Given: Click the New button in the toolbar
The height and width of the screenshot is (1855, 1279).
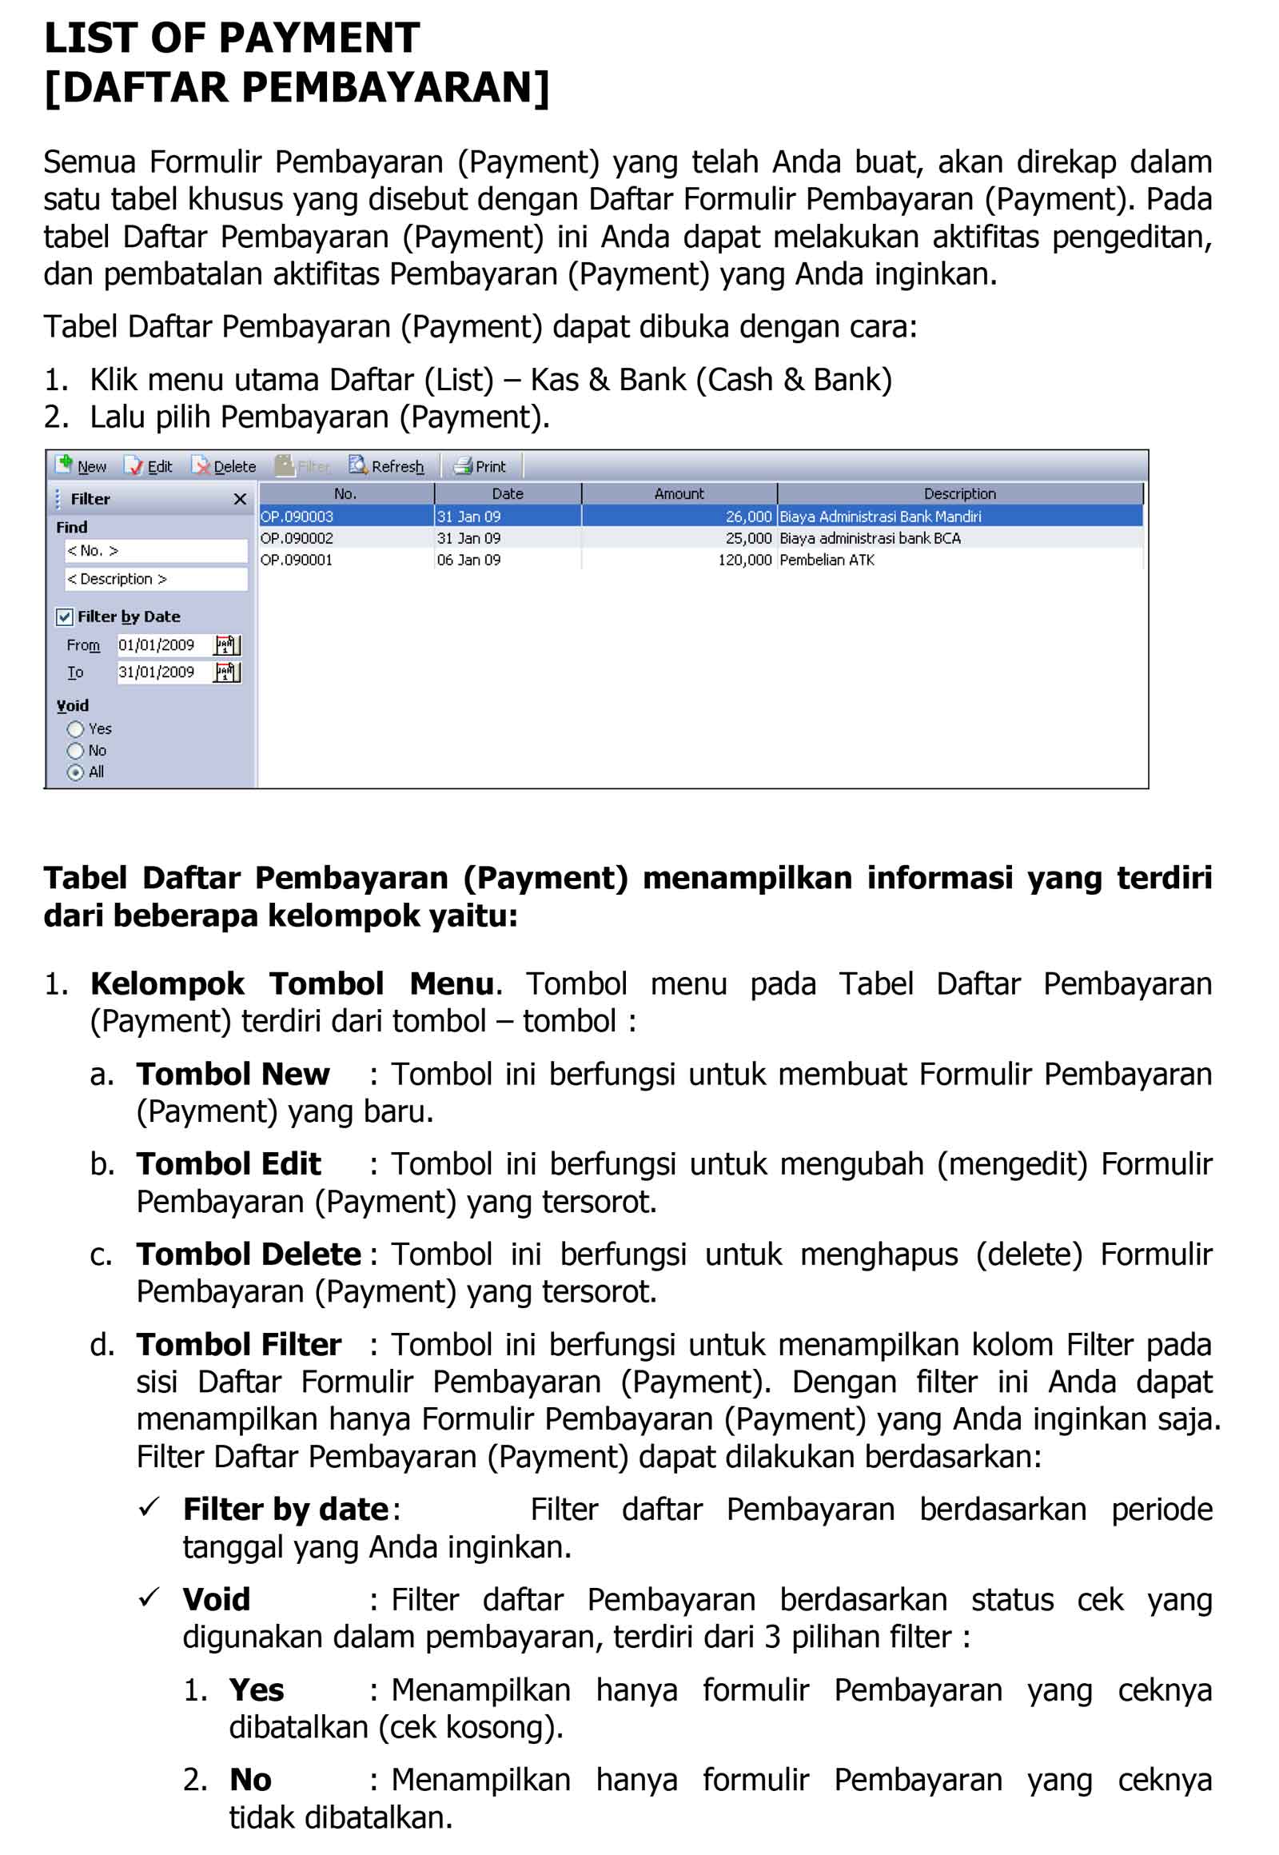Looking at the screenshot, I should [82, 466].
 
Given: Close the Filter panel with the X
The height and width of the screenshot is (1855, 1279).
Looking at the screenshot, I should [240, 499].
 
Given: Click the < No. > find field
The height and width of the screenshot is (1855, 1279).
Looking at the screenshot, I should [155, 551].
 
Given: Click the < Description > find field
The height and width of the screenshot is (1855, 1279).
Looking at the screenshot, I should [155, 579].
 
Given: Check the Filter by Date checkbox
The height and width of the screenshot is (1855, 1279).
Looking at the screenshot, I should [65, 616].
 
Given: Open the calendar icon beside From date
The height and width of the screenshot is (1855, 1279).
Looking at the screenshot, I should [227, 644].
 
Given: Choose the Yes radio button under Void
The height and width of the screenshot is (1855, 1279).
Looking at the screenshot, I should [75, 728].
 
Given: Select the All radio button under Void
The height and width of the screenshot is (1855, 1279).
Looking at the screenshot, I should [75, 772].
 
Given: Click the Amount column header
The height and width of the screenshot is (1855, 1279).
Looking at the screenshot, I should [679, 494].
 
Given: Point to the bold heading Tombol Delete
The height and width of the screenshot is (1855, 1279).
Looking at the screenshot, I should [249, 1255].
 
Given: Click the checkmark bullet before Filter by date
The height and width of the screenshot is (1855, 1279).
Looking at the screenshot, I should [149, 1507].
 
